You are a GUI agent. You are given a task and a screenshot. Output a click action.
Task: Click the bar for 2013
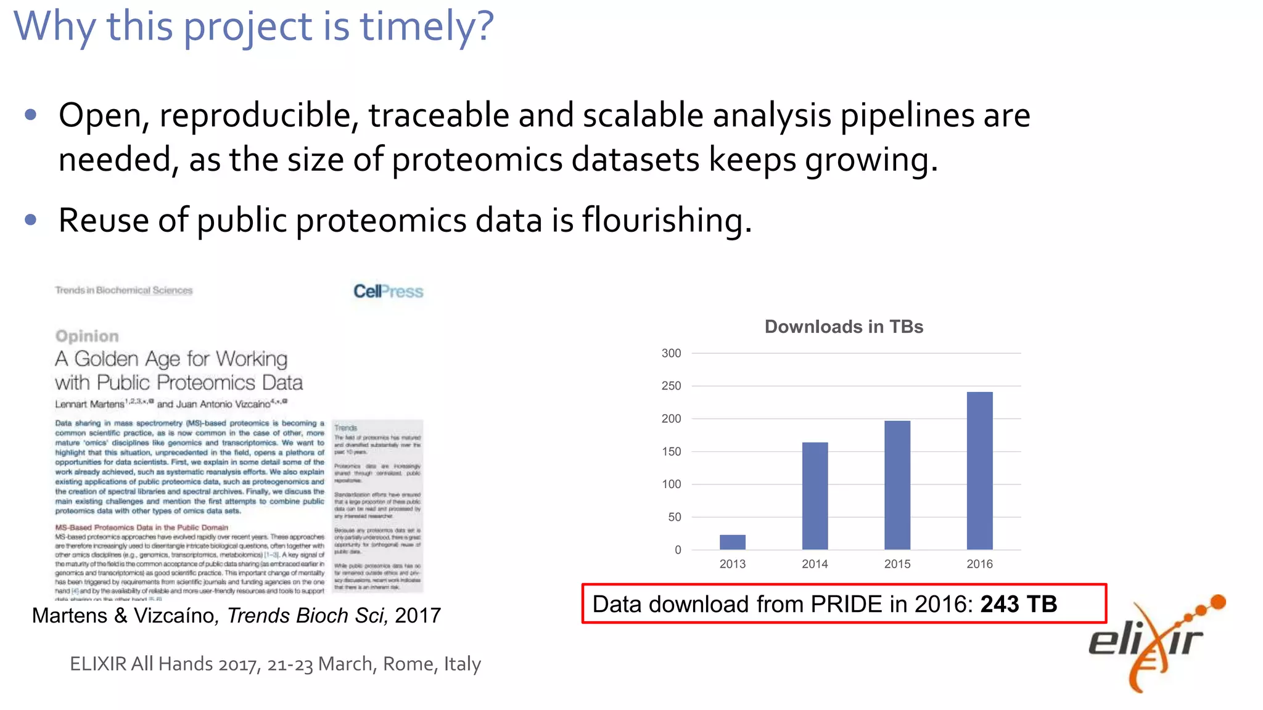tap(732, 542)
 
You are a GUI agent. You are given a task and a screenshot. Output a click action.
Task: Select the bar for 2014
tap(815, 496)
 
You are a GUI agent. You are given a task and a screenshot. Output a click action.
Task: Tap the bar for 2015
tap(897, 485)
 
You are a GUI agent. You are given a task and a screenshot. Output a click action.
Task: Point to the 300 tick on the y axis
tap(671, 353)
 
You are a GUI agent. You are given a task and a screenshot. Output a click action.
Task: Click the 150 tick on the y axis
tap(671, 452)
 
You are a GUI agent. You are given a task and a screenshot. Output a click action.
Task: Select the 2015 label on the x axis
tap(897, 564)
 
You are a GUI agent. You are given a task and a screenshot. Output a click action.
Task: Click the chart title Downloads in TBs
tap(844, 327)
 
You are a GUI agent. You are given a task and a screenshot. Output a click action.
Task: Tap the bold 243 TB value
tap(1018, 604)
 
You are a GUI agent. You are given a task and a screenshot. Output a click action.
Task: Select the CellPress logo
tap(388, 291)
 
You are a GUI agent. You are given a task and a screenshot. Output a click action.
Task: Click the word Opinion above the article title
tap(87, 336)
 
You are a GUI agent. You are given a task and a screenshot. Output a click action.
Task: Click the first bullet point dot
tap(31, 115)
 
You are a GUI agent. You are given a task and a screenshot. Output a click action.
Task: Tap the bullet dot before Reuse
tap(31, 220)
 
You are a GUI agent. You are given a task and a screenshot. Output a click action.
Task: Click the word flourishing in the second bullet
tap(666, 220)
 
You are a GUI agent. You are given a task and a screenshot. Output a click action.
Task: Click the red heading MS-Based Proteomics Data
tap(141, 528)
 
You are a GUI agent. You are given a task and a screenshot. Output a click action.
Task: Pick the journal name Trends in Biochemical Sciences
tap(123, 290)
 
